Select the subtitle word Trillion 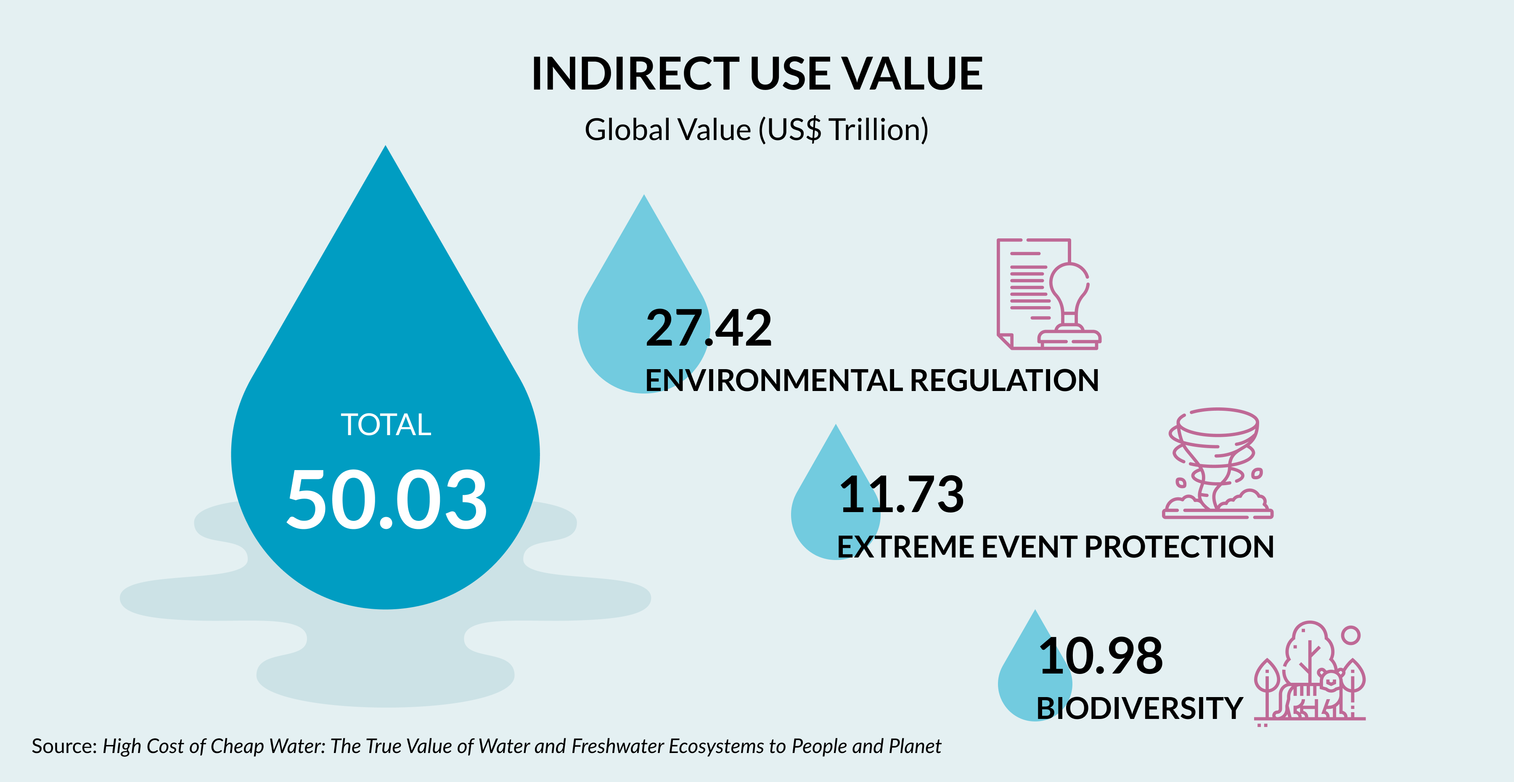(x=878, y=130)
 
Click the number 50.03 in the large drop (x=386, y=499)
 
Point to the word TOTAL (x=386, y=425)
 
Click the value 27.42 (x=708, y=328)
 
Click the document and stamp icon (x=1048, y=294)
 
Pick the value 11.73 (x=902, y=494)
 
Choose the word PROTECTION (x=1179, y=547)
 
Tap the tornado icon (x=1217, y=463)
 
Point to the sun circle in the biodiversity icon (x=1351, y=635)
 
